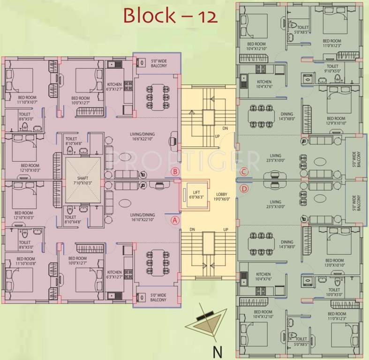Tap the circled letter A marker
click(175, 219)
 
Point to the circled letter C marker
click(243, 172)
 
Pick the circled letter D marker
click(243, 188)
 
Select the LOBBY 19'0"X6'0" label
click(222, 197)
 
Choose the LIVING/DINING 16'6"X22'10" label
click(143, 137)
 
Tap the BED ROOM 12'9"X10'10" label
click(336, 120)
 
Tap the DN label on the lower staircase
click(192, 229)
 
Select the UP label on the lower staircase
click(225, 229)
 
